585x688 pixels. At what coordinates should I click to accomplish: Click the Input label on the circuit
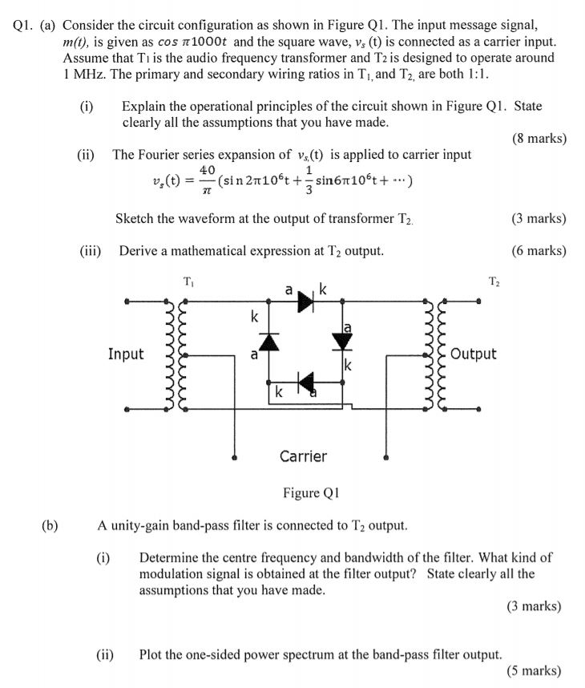(126, 354)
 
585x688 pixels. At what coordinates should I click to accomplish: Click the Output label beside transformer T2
(474, 354)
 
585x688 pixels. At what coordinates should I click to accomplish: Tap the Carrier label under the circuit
(303, 456)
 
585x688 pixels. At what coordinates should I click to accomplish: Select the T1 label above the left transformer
(188, 281)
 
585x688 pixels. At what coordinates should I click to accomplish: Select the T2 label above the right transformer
(494, 281)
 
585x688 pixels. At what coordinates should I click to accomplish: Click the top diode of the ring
(305, 301)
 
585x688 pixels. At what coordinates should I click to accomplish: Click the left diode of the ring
(268, 342)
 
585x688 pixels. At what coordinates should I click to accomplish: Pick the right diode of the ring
(342, 341)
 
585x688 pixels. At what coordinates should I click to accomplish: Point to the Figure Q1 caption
(311, 493)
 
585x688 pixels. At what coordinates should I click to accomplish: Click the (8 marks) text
(538, 139)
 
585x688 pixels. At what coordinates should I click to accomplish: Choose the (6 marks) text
(538, 251)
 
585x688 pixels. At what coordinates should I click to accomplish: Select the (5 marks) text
(534, 671)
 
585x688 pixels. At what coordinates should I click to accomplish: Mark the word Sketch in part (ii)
(135, 219)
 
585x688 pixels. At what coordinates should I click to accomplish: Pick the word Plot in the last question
(151, 654)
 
